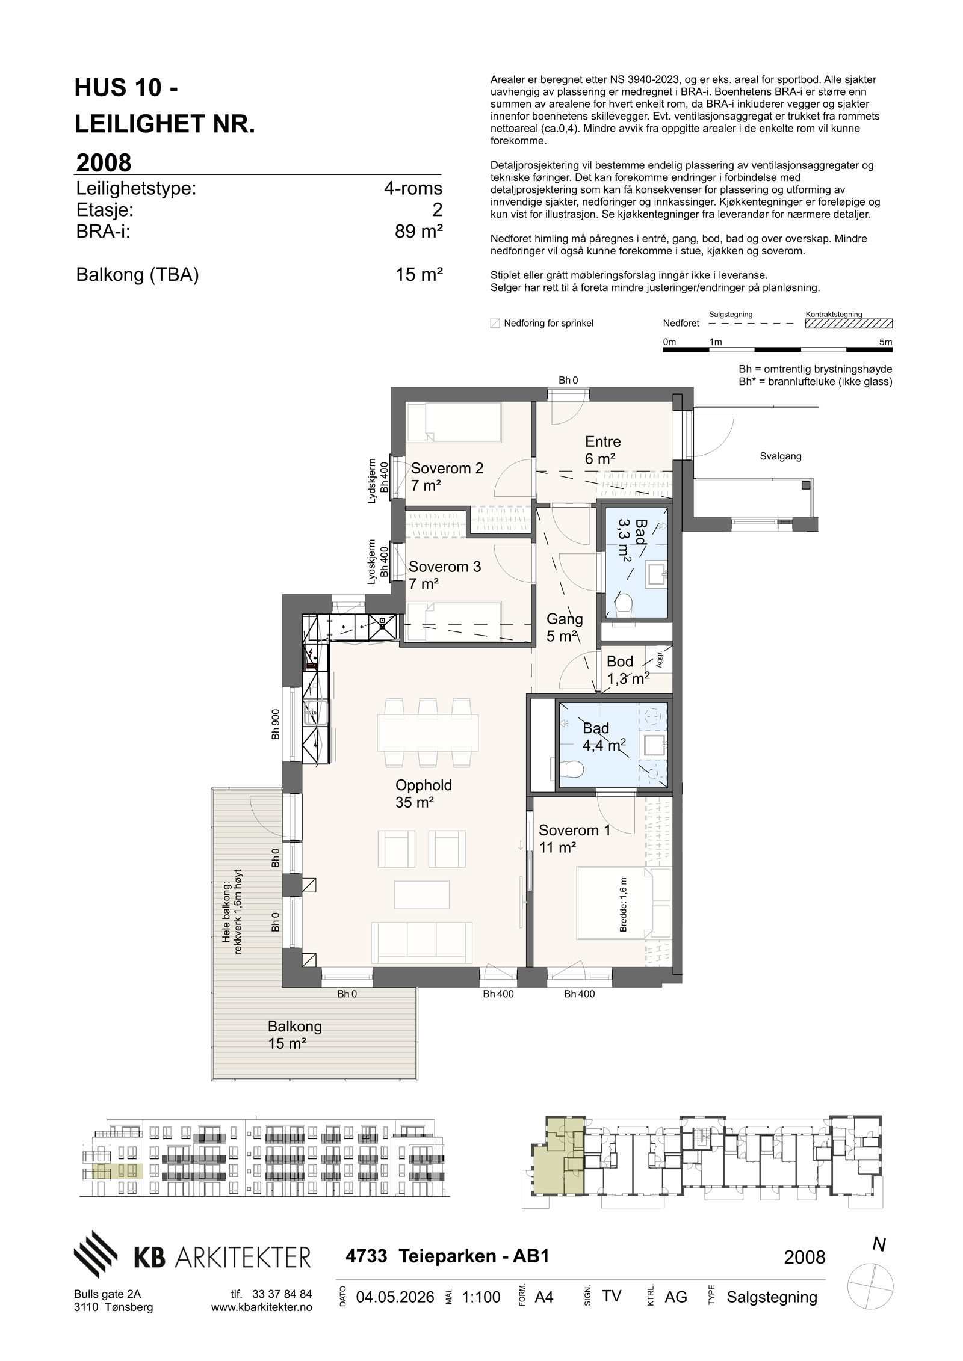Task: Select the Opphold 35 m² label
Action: pos(423,793)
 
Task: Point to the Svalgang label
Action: pos(781,456)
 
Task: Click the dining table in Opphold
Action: pos(428,732)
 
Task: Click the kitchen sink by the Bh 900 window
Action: pos(315,713)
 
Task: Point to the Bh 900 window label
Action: pos(275,727)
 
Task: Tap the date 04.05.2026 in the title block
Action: pos(395,1297)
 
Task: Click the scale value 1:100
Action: pos(481,1297)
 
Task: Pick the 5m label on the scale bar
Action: pos(885,342)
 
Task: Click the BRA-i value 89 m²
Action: pos(419,231)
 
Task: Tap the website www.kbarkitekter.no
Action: pos(262,1307)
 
